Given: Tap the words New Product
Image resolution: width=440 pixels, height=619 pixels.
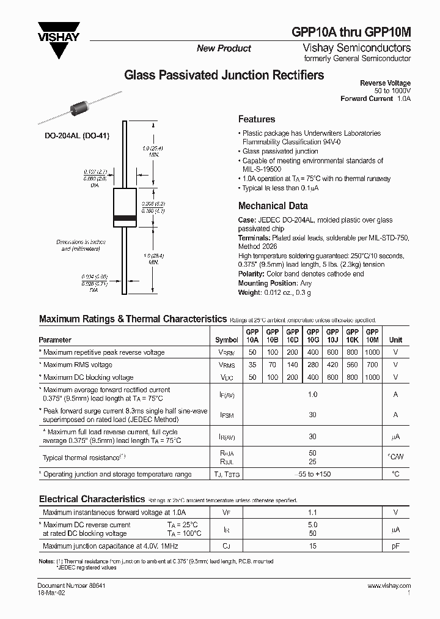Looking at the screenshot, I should coord(224,48).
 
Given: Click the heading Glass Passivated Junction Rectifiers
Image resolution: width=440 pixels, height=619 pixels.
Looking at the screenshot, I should coord(224,76).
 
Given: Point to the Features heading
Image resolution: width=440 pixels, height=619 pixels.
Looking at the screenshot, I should coord(256,119).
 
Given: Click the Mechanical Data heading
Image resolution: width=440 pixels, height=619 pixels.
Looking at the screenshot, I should coord(273,206).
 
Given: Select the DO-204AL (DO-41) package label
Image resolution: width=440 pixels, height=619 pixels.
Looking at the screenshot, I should coord(77,136).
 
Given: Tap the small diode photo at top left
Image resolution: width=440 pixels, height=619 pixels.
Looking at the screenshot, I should coord(79,110).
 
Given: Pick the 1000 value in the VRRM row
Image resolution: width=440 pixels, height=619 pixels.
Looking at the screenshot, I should coord(372,352).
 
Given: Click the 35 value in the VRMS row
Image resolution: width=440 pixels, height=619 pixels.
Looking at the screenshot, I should coord(252,365).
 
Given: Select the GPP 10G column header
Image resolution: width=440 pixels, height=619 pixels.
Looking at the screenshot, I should coord(312,336).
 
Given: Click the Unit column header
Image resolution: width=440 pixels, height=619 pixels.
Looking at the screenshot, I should coord(396,339).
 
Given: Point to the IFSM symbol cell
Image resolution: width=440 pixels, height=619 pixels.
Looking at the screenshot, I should coord(227,415).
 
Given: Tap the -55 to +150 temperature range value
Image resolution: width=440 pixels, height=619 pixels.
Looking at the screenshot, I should coord(312,474).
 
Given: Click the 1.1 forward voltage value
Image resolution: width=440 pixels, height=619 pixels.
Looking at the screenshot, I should coord(312,513).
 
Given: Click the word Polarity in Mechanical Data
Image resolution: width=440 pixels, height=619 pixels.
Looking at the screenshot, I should coord(251,275).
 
